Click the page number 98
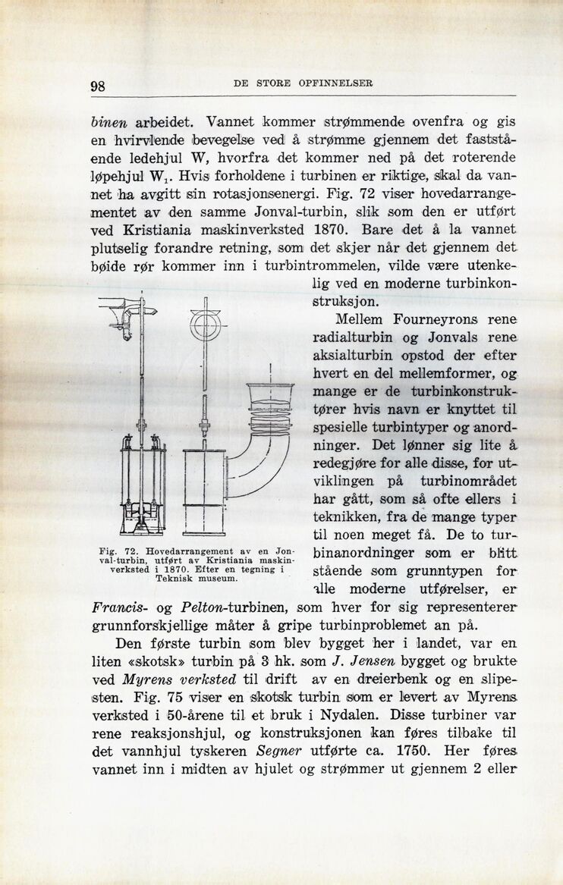coord(97,85)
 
